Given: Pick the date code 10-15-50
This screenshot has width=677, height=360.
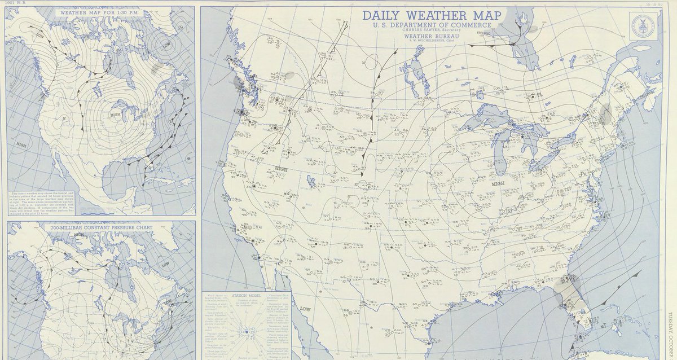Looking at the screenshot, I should (655, 5).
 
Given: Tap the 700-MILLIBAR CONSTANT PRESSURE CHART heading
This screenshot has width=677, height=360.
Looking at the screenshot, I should (100, 226).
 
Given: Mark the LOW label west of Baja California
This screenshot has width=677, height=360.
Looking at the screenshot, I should (305, 309).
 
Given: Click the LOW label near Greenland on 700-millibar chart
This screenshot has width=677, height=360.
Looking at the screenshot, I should (165, 265).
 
